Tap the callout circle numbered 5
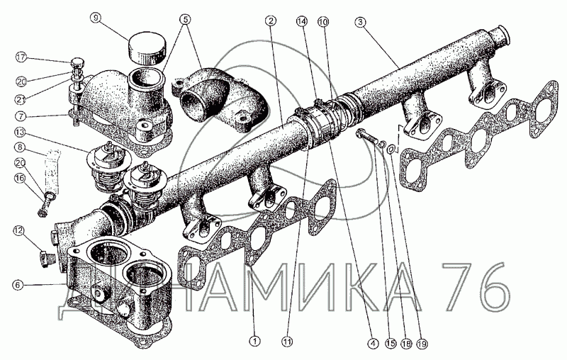click(x=185, y=18)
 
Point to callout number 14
click(x=302, y=21)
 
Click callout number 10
click(x=323, y=22)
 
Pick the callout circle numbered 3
click(x=360, y=22)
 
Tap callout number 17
click(x=21, y=57)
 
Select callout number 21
click(x=21, y=98)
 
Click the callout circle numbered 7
click(x=21, y=116)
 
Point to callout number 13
click(x=21, y=132)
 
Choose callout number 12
click(x=20, y=230)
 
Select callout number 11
click(x=288, y=341)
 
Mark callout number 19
click(x=421, y=343)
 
